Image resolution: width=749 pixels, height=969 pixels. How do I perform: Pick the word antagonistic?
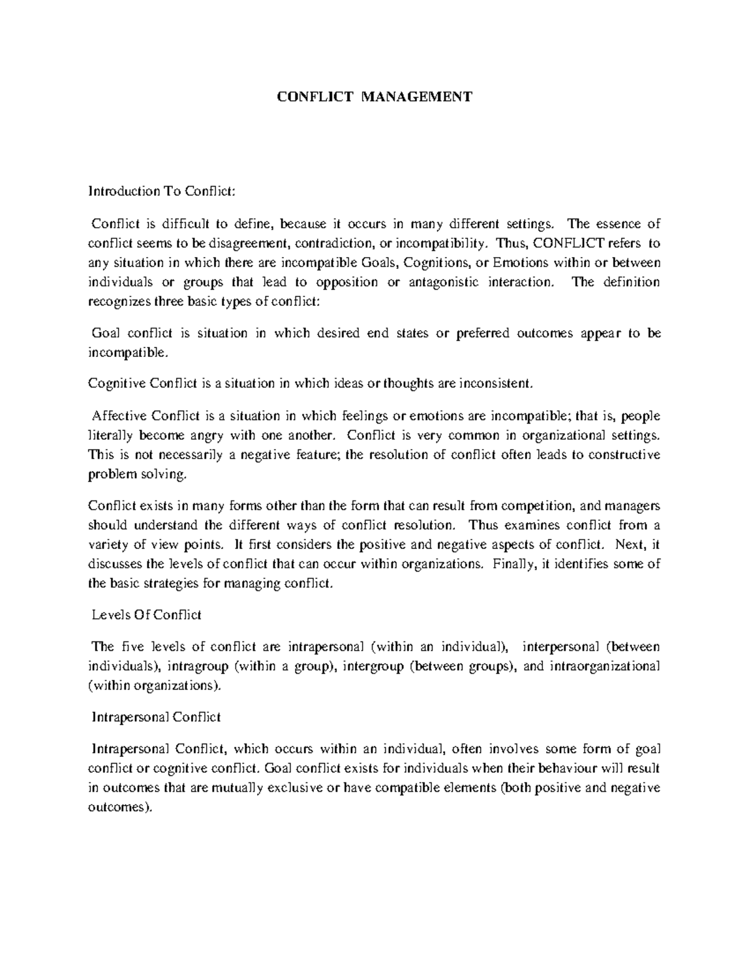443,282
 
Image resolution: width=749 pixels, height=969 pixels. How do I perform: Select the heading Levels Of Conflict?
147,615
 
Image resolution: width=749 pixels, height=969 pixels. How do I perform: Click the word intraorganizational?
605,666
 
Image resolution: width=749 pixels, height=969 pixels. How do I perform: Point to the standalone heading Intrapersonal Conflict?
156,718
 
